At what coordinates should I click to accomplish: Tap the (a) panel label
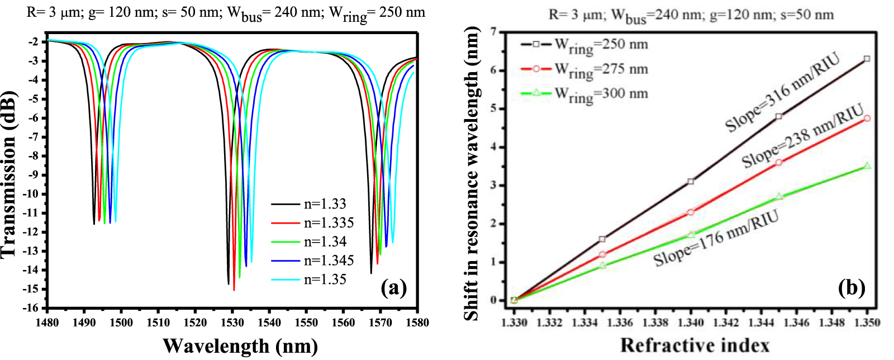[x=393, y=288]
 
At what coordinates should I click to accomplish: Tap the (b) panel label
[x=852, y=288]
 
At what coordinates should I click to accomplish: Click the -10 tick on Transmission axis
[x=31, y=194]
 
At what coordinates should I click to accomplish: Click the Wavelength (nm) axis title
[x=240, y=346]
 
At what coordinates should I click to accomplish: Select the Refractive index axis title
[x=695, y=345]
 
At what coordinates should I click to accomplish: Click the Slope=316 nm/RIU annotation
[x=782, y=93]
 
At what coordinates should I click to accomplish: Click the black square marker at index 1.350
[x=867, y=59]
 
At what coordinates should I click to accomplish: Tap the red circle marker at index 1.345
[x=779, y=163]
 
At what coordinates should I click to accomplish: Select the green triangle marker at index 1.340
[x=691, y=235]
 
